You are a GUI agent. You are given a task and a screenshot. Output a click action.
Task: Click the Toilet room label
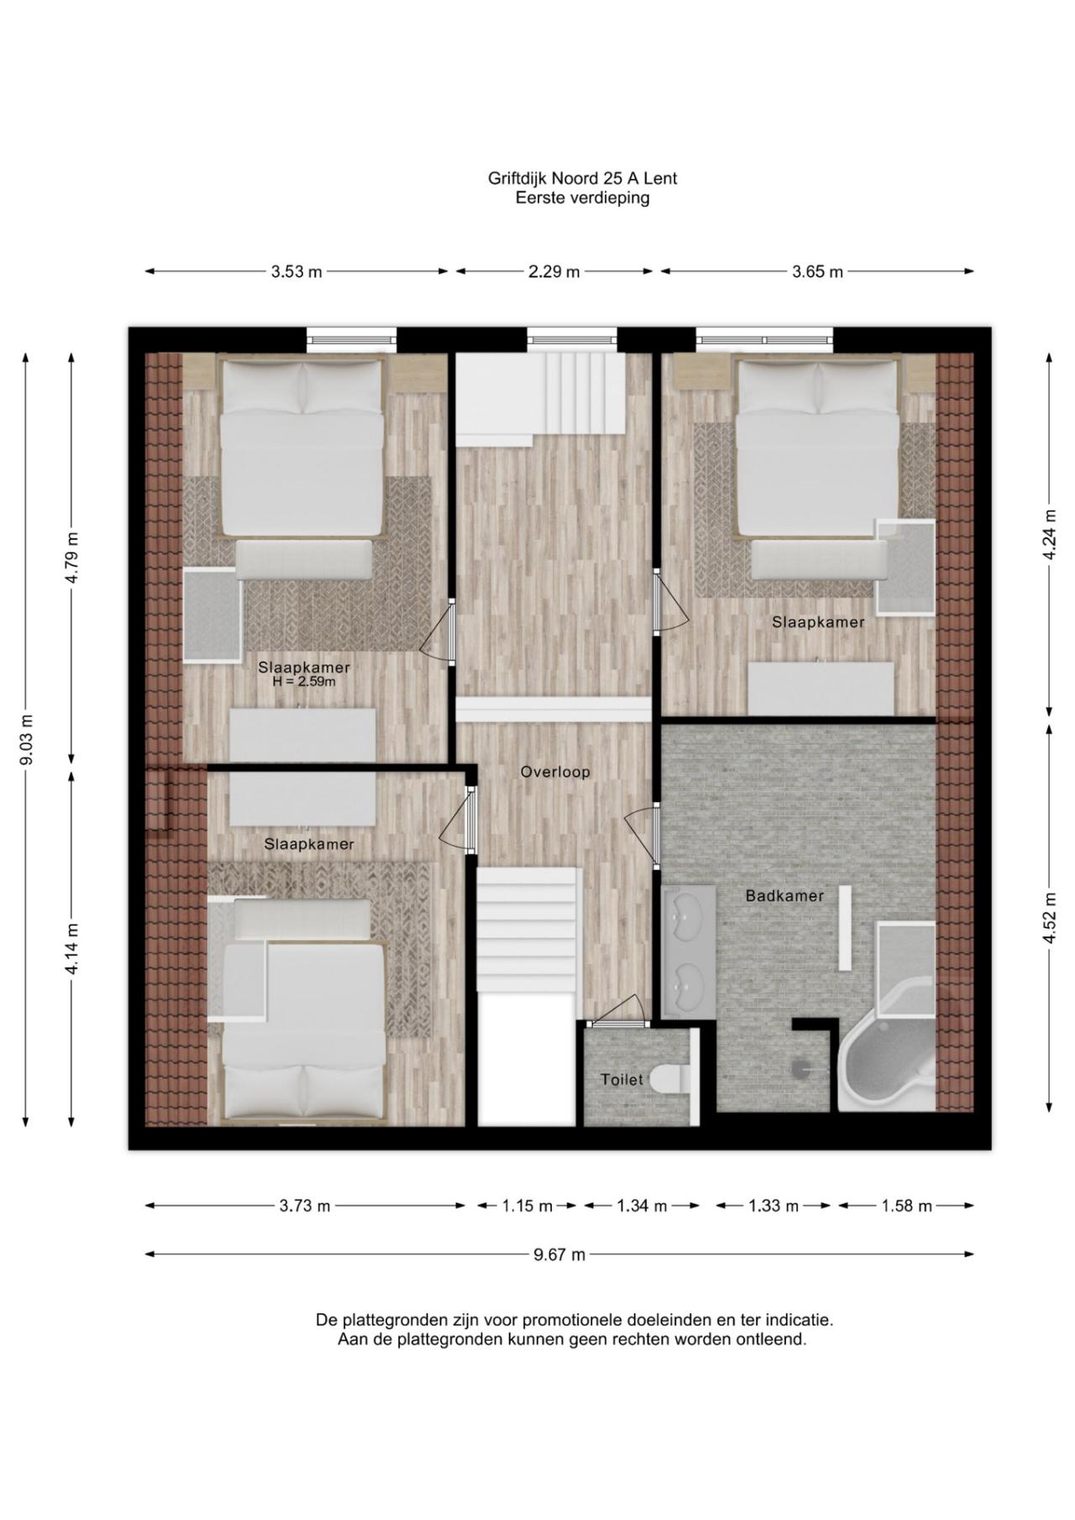621,1080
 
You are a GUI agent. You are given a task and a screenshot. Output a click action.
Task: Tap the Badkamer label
784,896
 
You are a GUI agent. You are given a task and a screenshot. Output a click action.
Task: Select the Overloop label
555,772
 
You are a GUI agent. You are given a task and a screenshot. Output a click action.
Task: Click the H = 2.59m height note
304,682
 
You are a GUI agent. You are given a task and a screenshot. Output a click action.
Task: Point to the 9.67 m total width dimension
559,1255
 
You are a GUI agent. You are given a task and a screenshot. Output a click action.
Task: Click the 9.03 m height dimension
27,739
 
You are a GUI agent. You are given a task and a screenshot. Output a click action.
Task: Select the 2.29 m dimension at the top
554,271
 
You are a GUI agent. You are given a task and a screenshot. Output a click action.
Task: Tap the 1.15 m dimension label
527,1207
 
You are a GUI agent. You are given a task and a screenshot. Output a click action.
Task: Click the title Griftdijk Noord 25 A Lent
582,178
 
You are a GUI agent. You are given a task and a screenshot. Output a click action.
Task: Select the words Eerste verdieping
582,198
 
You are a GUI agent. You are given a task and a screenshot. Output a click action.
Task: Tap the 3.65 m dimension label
817,271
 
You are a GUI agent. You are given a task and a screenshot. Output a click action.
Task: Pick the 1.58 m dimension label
906,1207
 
